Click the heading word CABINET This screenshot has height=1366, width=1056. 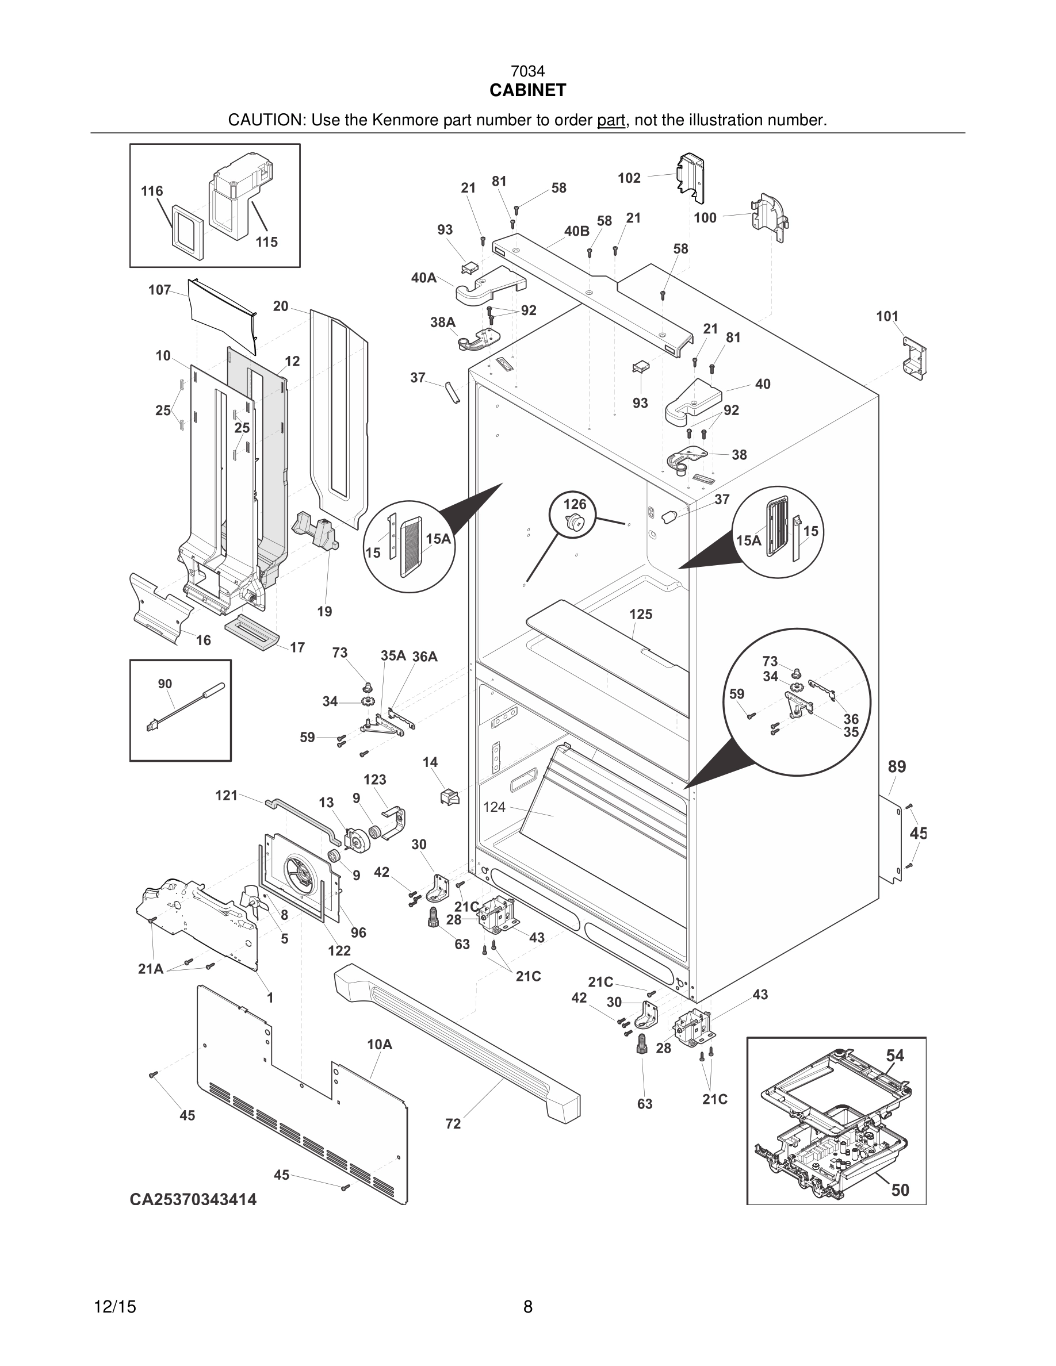coord(527,91)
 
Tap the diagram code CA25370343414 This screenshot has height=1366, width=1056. coord(193,1199)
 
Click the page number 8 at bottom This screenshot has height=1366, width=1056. coord(527,1307)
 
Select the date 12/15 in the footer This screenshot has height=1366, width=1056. coord(114,1307)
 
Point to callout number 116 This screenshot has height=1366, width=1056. coord(152,191)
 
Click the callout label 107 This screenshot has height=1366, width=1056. coord(159,290)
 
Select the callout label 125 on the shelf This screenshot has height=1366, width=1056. coord(641,614)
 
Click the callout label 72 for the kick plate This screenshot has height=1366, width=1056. coord(453,1124)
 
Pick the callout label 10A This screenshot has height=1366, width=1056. coord(379,1045)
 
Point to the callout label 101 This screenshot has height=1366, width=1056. coord(887,316)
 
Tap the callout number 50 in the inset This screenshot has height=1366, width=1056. coord(900,1190)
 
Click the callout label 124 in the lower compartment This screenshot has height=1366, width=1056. coord(494,807)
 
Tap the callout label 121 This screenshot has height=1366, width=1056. coord(227,796)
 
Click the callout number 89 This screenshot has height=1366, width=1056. coord(897,767)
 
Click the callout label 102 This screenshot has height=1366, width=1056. coord(629,178)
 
